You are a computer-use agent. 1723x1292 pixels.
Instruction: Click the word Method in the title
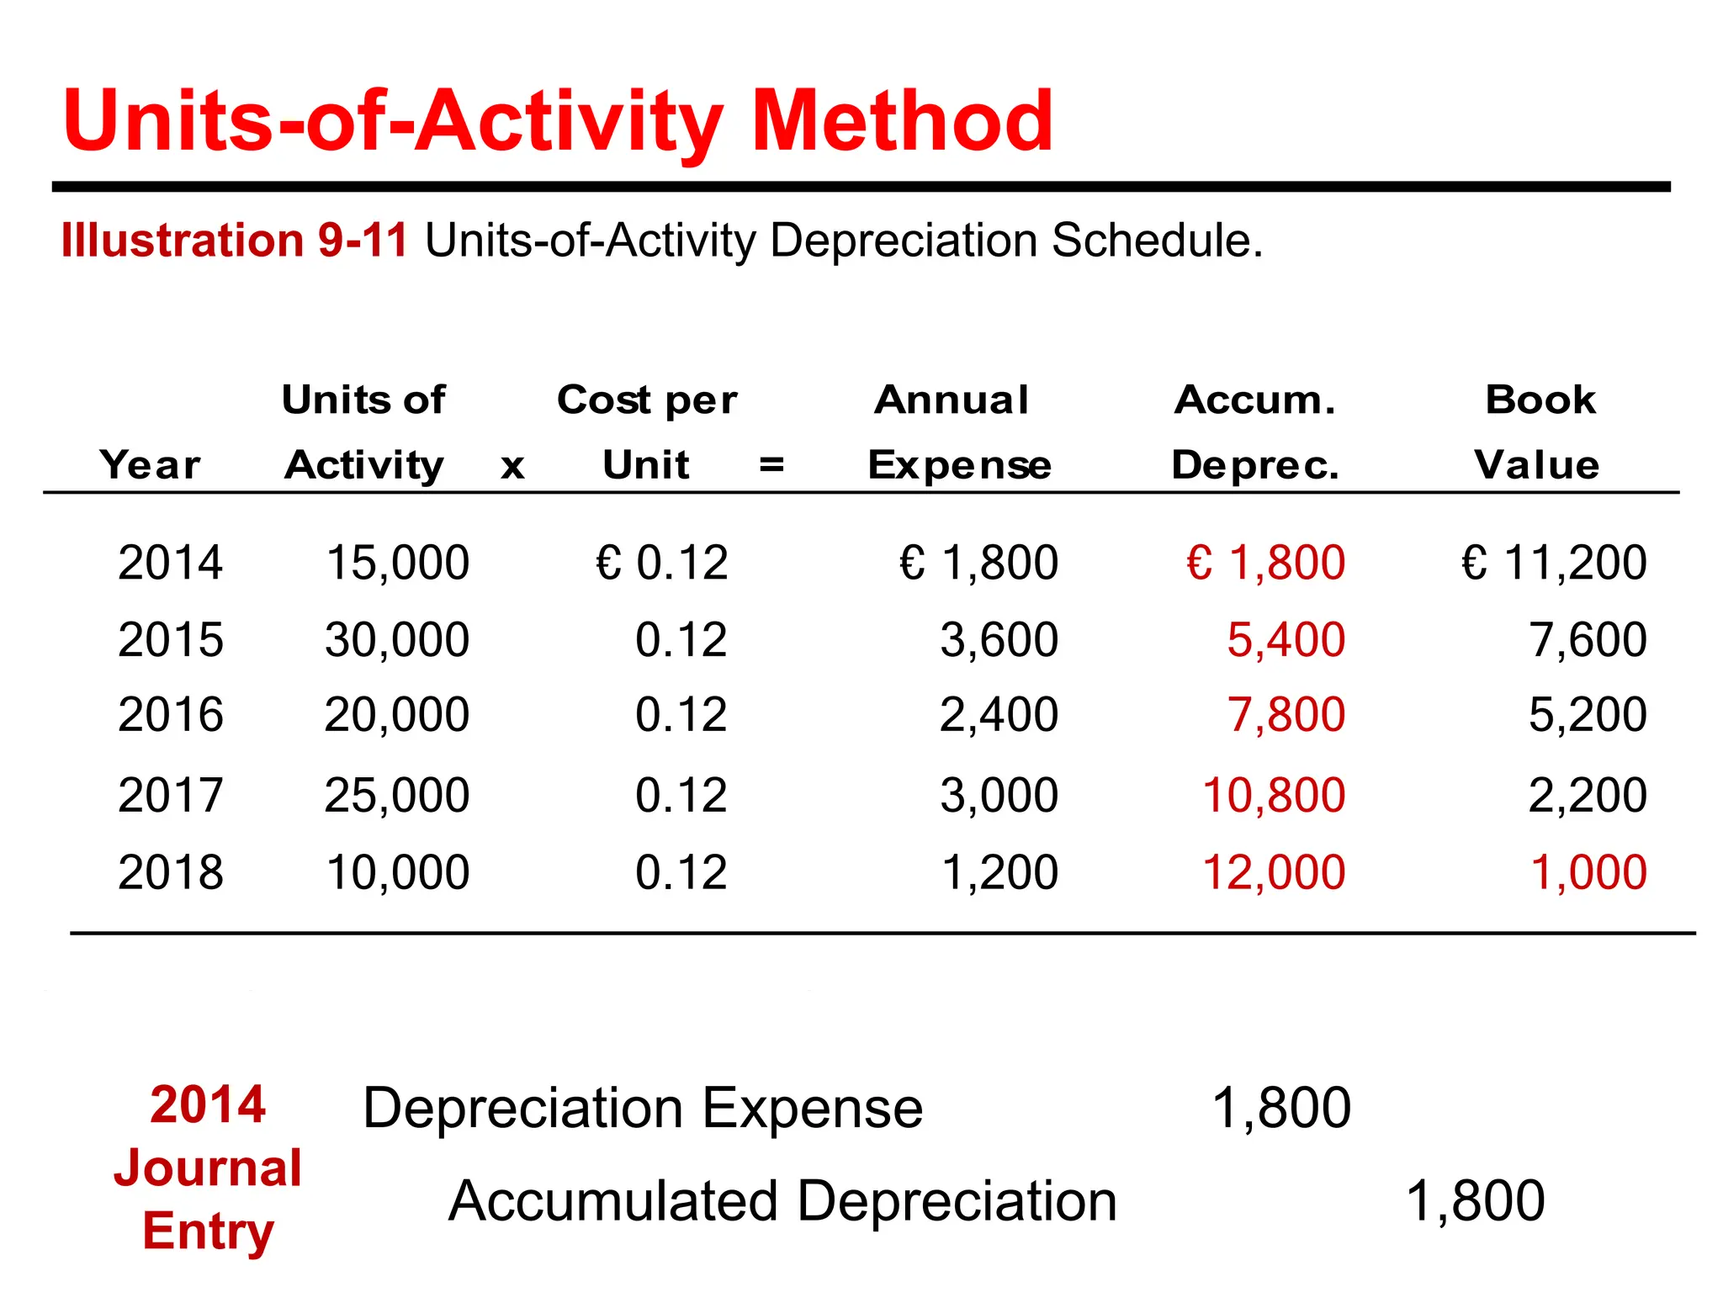[901, 122]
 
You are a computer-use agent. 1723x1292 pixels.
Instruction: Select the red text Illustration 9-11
[235, 241]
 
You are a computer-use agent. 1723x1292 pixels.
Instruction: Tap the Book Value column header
[1539, 432]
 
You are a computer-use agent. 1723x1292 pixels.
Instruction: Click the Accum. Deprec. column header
[1254, 432]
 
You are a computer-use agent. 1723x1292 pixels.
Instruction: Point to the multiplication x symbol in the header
[512, 466]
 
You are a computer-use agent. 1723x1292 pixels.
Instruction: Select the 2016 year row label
[171, 715]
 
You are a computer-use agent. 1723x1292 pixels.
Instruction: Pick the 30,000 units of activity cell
[396, 640]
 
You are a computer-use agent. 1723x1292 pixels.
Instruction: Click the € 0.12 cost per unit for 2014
[662, 563]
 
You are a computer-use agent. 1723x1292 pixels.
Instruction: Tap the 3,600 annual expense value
[999, 640]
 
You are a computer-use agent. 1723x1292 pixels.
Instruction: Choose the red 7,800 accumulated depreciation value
[1286, 715]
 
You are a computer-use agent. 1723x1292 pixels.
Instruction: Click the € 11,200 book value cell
[1553, 563]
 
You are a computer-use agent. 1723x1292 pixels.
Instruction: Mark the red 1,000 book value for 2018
[1588, 872]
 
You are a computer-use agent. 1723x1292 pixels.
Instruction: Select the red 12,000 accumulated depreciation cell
[1274, 872]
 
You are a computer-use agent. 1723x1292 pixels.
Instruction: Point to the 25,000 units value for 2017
[396, 795]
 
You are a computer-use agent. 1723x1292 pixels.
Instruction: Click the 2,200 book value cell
[1588, 795]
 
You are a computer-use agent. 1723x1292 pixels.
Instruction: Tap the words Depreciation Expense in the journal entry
[643, 1109]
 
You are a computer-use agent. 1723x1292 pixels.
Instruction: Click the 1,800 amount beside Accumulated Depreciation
[1475, 1201]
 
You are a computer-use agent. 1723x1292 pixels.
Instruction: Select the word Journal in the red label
[208, 1168]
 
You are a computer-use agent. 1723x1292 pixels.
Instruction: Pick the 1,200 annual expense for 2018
[999, 872]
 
